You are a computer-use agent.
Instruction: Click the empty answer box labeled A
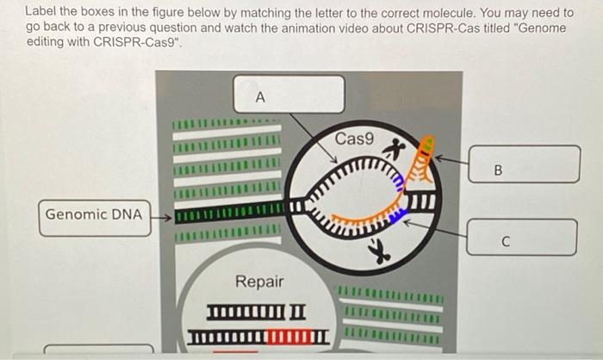click(x=289, y=95)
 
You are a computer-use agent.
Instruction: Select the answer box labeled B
click(x=524, y=164)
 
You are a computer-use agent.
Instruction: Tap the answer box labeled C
click(x=521, y=237)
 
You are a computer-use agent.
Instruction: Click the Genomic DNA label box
click(x=94, y=214)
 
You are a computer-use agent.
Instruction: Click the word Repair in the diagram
click(x=259, y=282)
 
